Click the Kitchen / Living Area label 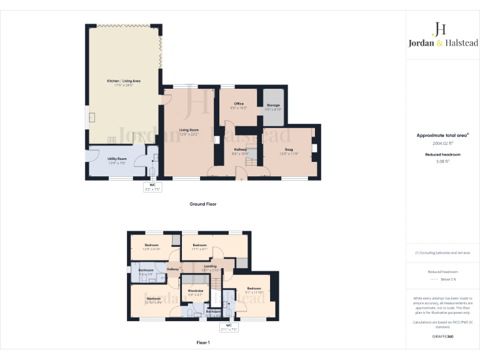(123, 81)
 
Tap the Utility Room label (117, 159)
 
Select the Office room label (239, 103)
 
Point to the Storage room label (273, 105)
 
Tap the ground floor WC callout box (152, 187)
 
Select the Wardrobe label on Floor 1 (196, 291)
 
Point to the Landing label (210, 266)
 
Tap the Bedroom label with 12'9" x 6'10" (152, 245)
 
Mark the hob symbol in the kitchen (114, 140)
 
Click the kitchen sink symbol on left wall (92, 117)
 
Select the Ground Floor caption (203, 204)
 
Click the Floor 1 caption (203, 342)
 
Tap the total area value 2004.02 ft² (442, 143)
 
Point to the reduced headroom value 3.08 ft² (442, 161)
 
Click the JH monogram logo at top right (440, 29)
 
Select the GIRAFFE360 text (442, 336)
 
